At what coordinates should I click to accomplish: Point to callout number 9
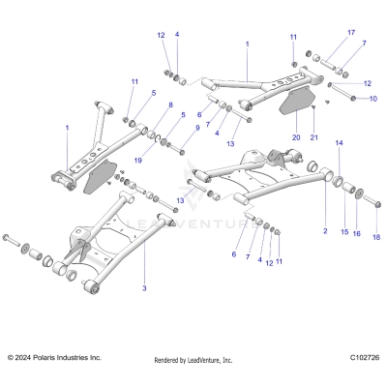pyautogui.click(x=197, y=127)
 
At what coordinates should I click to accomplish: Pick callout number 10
pyautogui.click(x=373, y=99)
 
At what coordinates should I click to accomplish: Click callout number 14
pyautogui.click(x=339, y=143)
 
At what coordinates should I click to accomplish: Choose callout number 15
pyautogui.click(x=342, y=233)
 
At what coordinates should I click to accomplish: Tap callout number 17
pyautogui.click(x=350, y=31)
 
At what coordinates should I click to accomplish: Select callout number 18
pyautogui.click(x=376, y=237)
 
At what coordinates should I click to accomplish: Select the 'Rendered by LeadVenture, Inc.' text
pyautogui.click(x=193, y=360)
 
